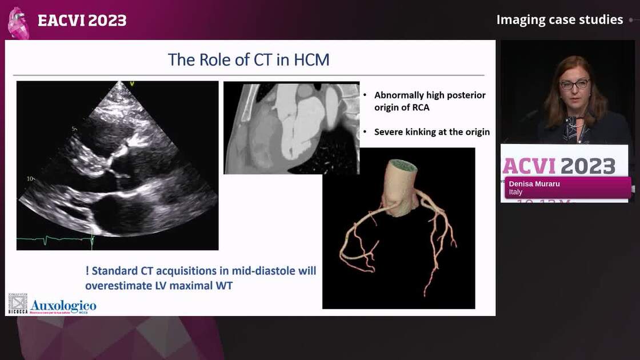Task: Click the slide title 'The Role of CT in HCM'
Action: pyautogui.click(x=249, y=59)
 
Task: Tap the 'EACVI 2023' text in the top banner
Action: pyautogui.click(x=82, y=21)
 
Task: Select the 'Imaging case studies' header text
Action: pyautogui.click(x=559, y=20)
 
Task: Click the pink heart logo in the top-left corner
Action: pyautogui.click(x=19, y=23)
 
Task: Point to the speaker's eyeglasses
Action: pyautogui.click(x=574, y=85)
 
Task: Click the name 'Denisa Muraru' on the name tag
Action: pyautogui.click(x=534, y=185)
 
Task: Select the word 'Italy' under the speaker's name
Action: pyautogui.click(x=516, y=193)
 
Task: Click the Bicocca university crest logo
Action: pyautogui.click(x=18, y=303)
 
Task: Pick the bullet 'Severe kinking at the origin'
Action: pyautogui.click(x=431, y=132)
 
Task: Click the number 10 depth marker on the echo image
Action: pyautogui.click(x=30, y=179)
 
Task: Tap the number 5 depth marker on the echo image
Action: pyautogui.click(x=73, y=129)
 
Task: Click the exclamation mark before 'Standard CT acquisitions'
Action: pyautogui.click(x=87, y=271)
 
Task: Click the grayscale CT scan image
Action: pyautogui.click(x=291, y=127)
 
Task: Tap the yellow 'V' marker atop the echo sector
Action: pyautogui.click(x=132, y=84)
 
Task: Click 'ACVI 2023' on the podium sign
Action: pyautogui.click(x=558, y=166)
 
